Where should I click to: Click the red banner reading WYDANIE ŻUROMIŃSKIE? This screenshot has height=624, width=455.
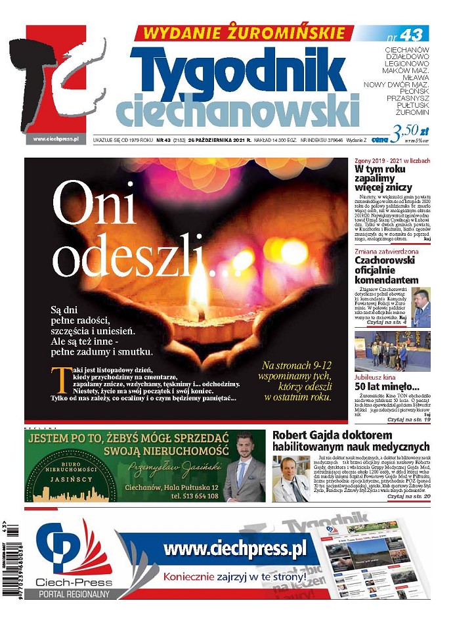[x=240, y=33]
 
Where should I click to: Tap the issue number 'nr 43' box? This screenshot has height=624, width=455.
[x=408, y=33]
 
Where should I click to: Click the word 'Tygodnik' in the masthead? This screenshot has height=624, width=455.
[x=243, y=69]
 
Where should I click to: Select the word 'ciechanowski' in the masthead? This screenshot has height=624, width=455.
[x=236, y=108]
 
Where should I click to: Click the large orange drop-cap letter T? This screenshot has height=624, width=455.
[x=59, y=380]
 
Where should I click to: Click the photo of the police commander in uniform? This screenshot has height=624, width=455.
[x=421, y=307]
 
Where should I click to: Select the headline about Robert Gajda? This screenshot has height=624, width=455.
[x=351, y=441]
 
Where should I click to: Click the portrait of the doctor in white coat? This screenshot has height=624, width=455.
[x=291, y=478]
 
